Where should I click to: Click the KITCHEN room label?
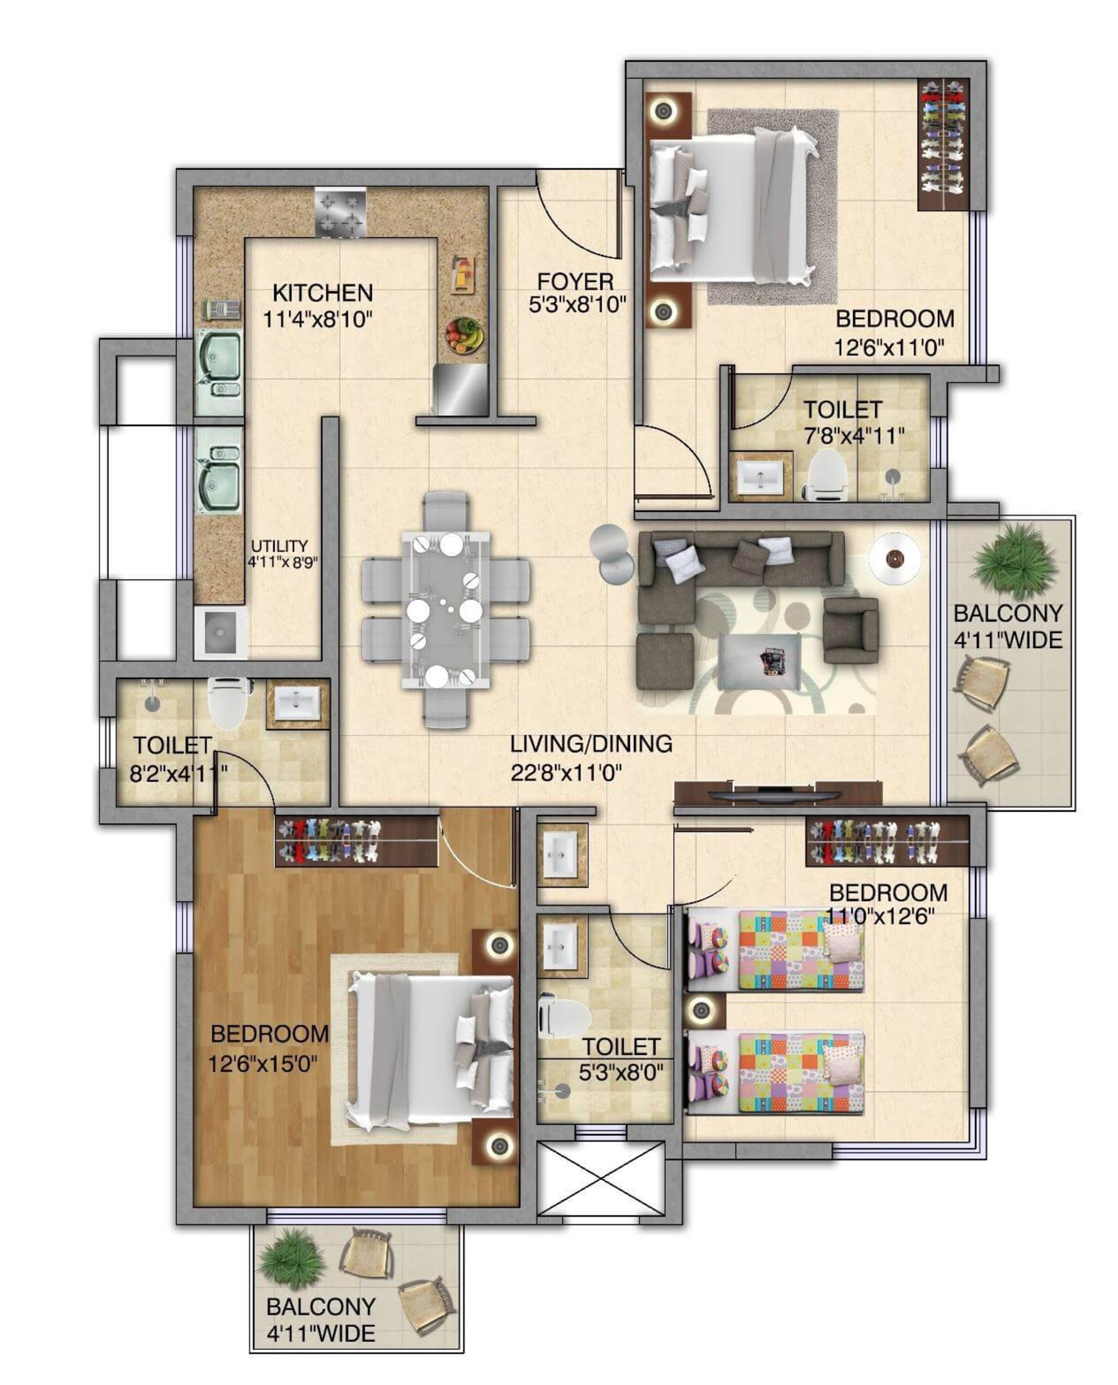pyautogui.click(x=323, y=293)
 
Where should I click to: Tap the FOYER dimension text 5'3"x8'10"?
pyautogui.click(x=577, y=305)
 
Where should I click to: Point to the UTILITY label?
pyautogui.click(x=280, y=546)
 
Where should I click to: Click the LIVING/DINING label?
pyautogui.click(x=591, y=744)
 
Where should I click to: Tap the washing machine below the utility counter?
pyautogui.click(x=220, y=632)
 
